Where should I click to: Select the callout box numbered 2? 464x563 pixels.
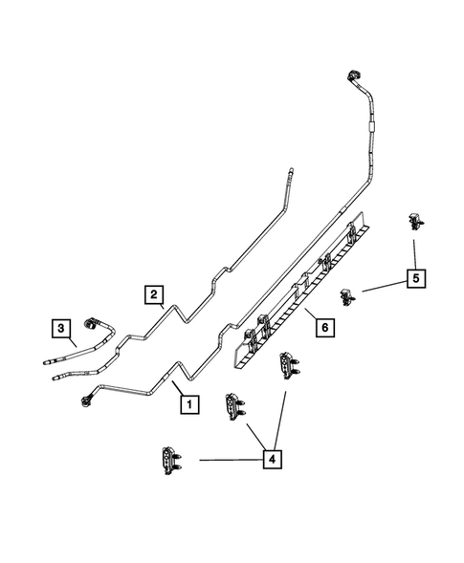pos(153,294)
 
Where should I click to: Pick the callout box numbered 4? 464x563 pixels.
pos(273,460)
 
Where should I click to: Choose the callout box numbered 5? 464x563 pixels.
pos(415,279)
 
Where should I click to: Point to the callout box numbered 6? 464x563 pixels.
pos(324,328)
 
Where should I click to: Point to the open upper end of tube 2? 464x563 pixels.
pos(287,173)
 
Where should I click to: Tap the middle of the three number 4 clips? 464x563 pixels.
pos(233,405)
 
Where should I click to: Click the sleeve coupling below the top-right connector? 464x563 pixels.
pos(368,126)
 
